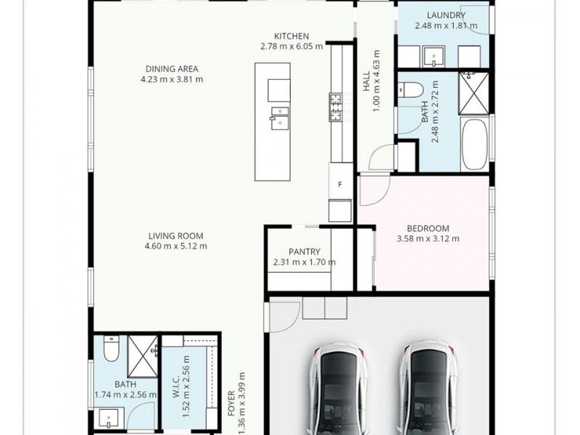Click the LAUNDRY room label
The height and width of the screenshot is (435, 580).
(x=446, y=15)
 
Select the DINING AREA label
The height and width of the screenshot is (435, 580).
(x=172, y=69)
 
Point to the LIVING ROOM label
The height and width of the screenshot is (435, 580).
(x=175, y=236)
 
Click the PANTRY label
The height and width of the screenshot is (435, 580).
(x=304, y=252)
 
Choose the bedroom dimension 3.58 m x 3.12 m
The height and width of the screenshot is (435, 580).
(x=428, y=238)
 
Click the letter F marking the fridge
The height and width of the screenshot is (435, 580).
(x=339, y=184)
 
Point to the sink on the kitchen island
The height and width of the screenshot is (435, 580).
(x=279, y=116)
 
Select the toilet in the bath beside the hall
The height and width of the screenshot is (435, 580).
(x=410, y=91)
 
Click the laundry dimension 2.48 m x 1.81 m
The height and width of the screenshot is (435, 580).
(x=446, y=26)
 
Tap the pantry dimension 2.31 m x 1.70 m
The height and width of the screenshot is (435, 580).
(x=304, y=262)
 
